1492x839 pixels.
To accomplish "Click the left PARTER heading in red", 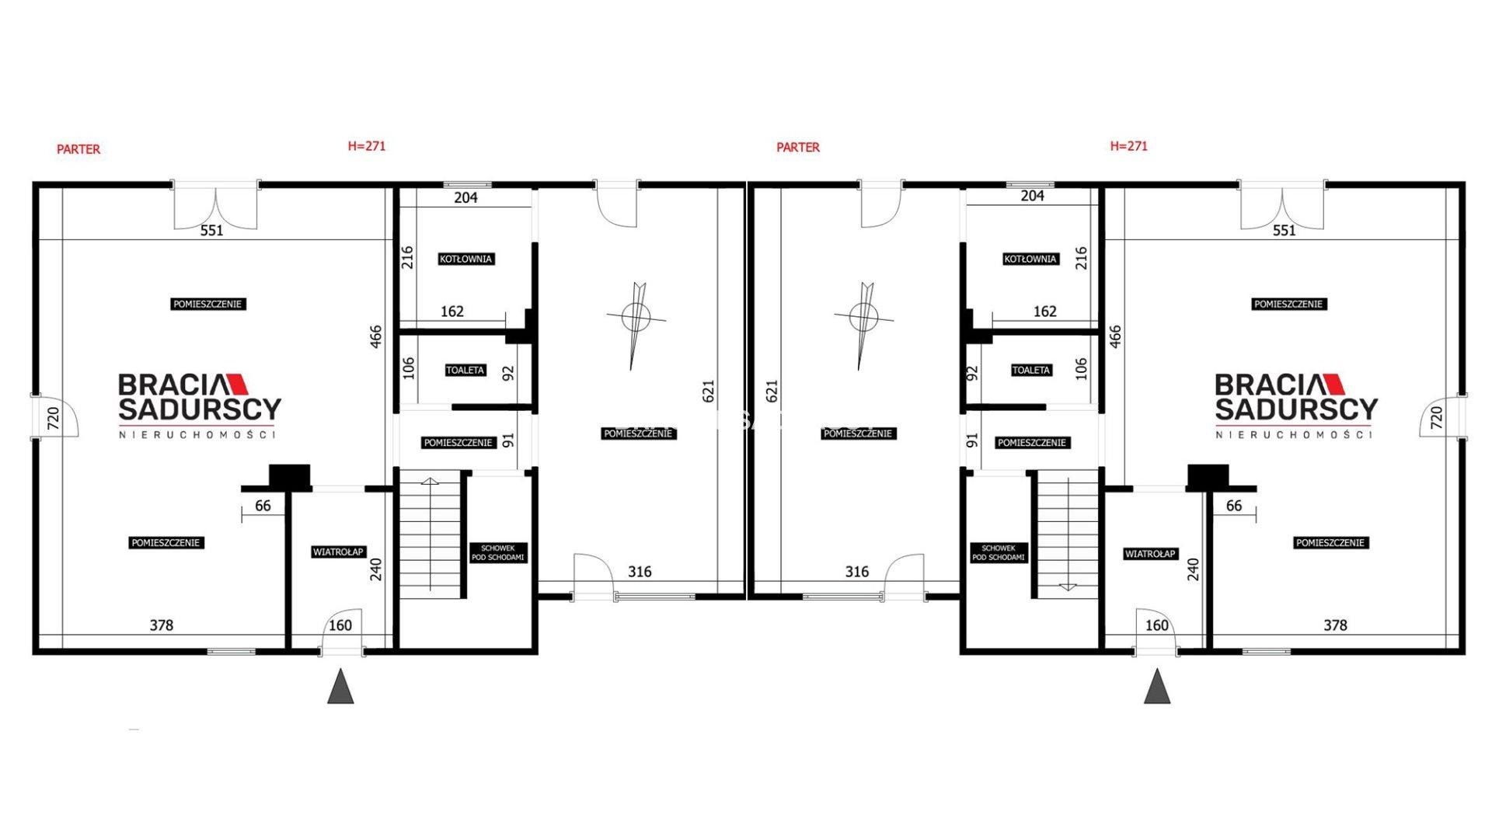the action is click(x=78, y=149).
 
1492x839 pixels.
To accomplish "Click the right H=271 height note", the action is click(x=1128, y=146).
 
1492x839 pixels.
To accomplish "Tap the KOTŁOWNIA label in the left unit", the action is click(x=465, y=259).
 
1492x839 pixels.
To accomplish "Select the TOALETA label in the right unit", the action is click(x=1031, y=370).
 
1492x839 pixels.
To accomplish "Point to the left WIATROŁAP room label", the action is click(x=338, y=552).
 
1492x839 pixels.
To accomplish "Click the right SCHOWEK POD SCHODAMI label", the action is click(x=999, y=552).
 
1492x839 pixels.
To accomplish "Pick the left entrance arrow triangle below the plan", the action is click(x=340, y=686).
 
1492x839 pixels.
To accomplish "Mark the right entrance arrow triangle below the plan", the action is click(x=1157, y=686).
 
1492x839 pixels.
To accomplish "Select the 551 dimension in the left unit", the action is click(x=211, y=231).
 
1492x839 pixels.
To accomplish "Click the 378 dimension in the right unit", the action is click(x=1335, y=625).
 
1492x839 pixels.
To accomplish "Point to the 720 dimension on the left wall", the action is click(x=54, y=418).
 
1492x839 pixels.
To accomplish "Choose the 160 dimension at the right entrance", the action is click(x=1157, y=625).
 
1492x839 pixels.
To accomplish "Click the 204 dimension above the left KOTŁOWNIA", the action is click(x=465, y=198).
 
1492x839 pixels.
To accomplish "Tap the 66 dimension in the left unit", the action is click(x=263, y=506).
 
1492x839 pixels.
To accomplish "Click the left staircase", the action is click(x=431, y=534).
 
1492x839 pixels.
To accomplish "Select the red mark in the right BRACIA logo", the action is click(x=1334, y=384).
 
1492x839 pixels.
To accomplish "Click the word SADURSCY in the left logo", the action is click(x=200, y=409).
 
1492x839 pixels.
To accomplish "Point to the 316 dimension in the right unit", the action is click(x=857, y=572).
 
